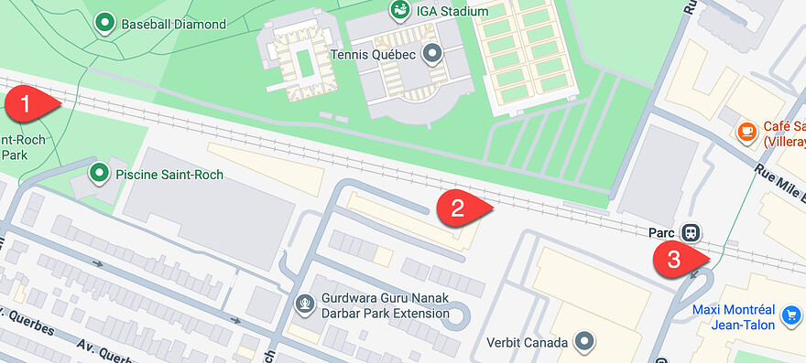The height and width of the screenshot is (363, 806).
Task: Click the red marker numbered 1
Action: (x=27, y=103)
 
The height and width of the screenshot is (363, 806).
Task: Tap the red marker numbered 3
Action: (x=673, y=259)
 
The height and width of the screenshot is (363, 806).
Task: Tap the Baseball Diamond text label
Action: (x=173, y=25)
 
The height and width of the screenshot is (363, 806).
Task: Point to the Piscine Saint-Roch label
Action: (x=169, y=175)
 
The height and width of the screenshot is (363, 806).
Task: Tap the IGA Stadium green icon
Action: (x=399, y=10)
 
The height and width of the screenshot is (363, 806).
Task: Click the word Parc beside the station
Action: (x=661, y=232)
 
